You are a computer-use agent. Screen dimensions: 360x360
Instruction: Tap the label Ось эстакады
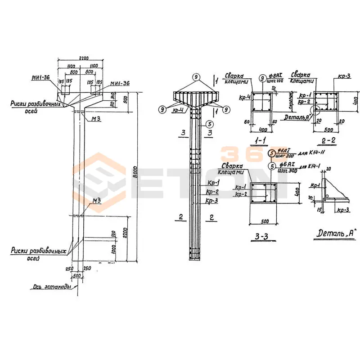pos(52,285)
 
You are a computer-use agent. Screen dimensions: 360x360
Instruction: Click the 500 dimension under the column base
pos(77,275)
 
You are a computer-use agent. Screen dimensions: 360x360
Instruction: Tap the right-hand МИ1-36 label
pos(120,83)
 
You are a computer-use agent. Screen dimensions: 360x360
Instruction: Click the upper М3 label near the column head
pos(96,118)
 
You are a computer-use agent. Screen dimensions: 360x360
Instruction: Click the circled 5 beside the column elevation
pos(208,124)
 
